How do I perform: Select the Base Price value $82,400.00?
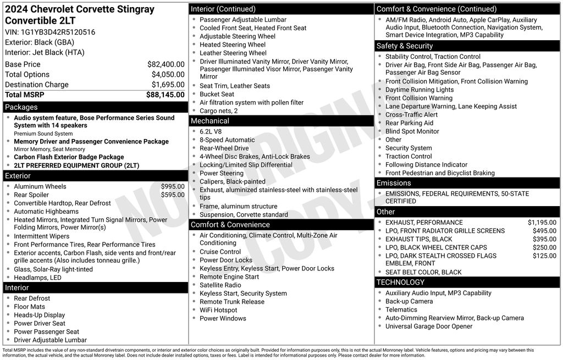165,64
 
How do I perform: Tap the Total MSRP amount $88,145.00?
165,95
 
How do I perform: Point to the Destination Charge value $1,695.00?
168,85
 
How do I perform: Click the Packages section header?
21,107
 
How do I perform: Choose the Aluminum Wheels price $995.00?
173,186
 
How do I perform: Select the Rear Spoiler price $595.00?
173,195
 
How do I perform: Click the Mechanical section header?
210,121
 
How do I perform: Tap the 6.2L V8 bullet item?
212,132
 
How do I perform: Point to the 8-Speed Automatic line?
227,140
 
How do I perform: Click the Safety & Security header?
405,46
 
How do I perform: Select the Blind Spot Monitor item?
412,131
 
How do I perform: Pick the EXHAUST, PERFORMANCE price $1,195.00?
542,223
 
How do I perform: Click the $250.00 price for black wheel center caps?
544,247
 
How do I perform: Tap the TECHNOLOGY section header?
401,283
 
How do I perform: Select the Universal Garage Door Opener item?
428,326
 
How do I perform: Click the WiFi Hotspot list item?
218,310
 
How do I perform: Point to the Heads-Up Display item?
39,315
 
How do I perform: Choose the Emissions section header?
394,183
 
